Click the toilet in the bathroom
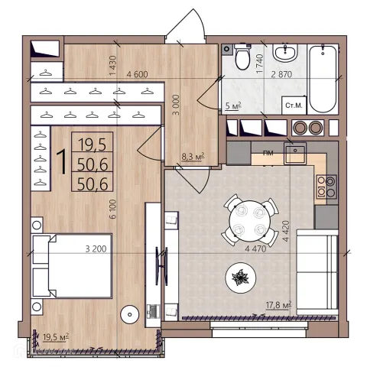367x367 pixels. (x=242, y=57)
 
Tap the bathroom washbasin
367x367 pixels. (x=285, y=53)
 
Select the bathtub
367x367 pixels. (x=323, y=79)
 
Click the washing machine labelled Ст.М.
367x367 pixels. (x=294, y=106)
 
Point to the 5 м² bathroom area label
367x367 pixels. (x=233, y=106)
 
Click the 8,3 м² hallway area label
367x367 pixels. (x=193, y=157)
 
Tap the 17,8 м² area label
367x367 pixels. (x=278, y=305)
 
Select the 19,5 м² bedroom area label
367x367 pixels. (x=56, y=337)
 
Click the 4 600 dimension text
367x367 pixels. (x=137, y=74)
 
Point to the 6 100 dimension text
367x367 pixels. (x=112, y=209)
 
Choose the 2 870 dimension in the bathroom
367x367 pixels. (x=281, y=74)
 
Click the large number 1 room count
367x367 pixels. (x=62, y=162)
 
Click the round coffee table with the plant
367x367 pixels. (x=241, y=278)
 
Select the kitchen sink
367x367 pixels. (x=295, y=154)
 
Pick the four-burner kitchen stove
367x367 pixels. (x=326, y=187)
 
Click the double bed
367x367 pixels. (x=72, y=265)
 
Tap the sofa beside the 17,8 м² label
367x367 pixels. (x=317, y=272)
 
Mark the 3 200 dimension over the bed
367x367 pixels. (x=96, y=248)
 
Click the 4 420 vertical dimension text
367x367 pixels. (x=286, y=231)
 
